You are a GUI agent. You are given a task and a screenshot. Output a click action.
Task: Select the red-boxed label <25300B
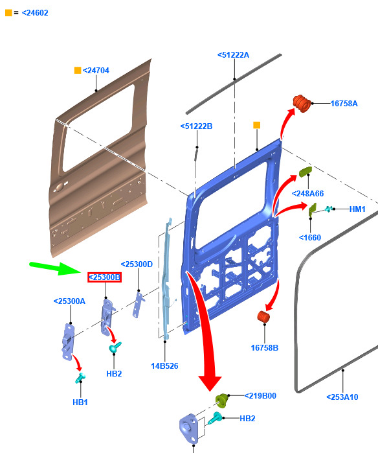(x=104, y=277)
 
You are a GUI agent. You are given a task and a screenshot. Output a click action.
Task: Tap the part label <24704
(x=96, y=71)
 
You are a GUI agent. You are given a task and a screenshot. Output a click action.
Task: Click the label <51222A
(x=233, y=55)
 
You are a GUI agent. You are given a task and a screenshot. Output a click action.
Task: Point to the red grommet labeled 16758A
(x=302, y=103)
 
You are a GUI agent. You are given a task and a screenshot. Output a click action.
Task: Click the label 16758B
(x=265, y=347)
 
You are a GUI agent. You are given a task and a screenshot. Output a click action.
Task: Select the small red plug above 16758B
(x=263, y=316)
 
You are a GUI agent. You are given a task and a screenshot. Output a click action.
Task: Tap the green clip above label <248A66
(x=306, y=171)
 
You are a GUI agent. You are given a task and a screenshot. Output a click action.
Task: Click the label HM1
(x=357, y=209)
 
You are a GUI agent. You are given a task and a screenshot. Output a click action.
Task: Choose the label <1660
(x=310, y=237)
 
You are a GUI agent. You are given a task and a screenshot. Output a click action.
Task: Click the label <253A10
(x=342, y=397)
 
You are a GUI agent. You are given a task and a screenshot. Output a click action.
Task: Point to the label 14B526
(x=164, y=366)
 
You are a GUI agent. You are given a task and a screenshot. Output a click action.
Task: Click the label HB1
(x=80, y=402)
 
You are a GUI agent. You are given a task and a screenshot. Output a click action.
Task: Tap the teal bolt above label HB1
(x=80, y=378)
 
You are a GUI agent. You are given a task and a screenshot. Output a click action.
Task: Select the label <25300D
(x=137, y=264)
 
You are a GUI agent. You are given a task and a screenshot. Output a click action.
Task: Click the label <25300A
(x=69, y=301)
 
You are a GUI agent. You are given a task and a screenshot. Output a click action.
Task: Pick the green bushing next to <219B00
(x=222, y=401)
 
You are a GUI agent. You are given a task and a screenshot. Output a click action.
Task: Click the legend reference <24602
(x=35, y=13)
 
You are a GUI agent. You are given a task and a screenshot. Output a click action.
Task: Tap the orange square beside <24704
(x=78, y=71)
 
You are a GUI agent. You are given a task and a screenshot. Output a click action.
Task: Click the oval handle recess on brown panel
(x=60, y=187)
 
